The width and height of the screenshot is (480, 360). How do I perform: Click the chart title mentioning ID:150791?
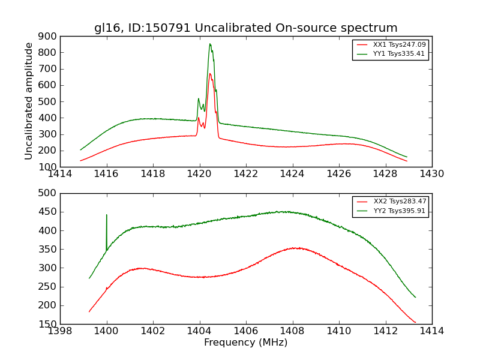[245, 28]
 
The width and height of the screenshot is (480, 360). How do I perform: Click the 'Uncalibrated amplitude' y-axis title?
[29, 101]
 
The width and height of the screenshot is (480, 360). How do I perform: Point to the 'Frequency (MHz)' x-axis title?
[245, 343]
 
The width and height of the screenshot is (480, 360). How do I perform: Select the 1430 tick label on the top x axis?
[431, 174]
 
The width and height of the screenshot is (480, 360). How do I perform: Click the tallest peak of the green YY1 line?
[209, 43]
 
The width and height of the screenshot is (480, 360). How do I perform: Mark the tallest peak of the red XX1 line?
[209, 73]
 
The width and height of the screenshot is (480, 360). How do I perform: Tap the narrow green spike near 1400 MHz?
[107, 215]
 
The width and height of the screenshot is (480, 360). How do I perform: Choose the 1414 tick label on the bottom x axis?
[431, 331]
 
